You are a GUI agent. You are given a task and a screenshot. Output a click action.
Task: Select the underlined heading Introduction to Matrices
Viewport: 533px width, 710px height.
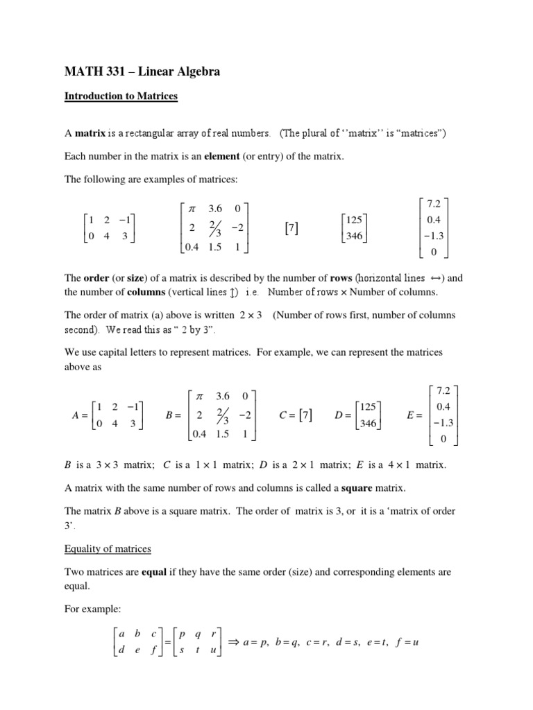(121, 97)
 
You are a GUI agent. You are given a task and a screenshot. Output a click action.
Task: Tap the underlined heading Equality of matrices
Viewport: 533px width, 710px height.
(108, 549)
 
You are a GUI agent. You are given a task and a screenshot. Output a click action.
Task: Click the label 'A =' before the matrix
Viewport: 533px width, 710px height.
(80, 416)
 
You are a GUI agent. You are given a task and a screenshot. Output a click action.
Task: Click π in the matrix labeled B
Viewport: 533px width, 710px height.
(199, 396)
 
